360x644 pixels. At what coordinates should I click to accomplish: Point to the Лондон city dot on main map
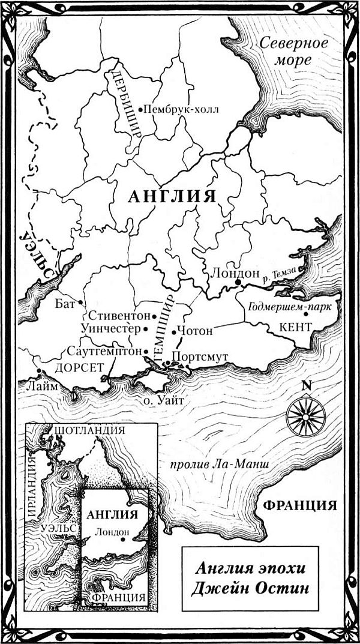pyautogui.click(x=238, y=281)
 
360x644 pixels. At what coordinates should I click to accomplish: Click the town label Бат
pyautogui.click(x=68, y=302)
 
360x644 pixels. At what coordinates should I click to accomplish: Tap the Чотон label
pyautogui.click(x=192, y=331)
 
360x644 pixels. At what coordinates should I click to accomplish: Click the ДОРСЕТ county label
pyautogui.click(x=76, y=369)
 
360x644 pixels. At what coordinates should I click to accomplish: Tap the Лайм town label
pyautogui.click(x=41, y=387)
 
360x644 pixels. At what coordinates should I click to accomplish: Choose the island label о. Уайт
pyautogui.click(x=163, y=401)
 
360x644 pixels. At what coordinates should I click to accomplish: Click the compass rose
pyautogui.click(x=305, y=415)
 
